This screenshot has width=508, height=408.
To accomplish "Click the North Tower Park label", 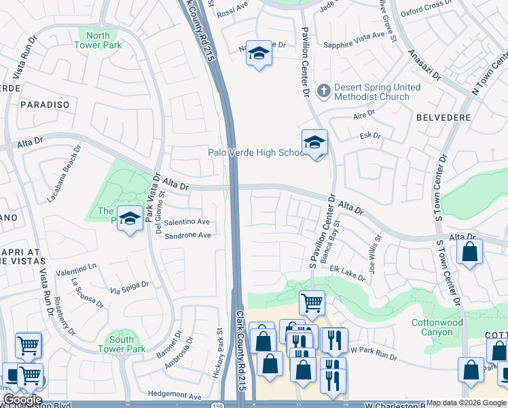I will click(98, 40).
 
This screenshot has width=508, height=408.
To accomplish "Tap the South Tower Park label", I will click(122, 344).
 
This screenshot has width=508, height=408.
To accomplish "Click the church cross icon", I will click(324, 89).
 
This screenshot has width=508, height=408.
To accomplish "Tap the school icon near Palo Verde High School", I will click(314, 143).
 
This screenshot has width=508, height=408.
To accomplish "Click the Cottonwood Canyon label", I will click(437, 327).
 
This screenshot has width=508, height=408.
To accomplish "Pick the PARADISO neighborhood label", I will click(45, 105).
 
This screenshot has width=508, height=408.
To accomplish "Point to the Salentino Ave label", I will click(186, 222).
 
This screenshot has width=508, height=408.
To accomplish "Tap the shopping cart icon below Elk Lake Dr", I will click(312, 303).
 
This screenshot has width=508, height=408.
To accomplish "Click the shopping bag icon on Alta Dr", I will click(469, 252).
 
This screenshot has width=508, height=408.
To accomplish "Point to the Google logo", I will click(22, 400).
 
